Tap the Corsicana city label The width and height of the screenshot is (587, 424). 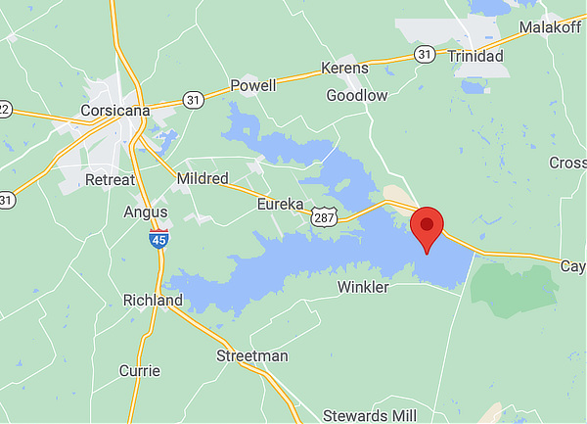tap(116, 111)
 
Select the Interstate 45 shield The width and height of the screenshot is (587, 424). tap(158, 239)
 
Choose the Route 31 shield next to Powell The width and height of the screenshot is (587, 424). tap(192, 99)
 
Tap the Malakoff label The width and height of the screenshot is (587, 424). tap(550, 26)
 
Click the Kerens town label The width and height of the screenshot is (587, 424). tap(345, 68)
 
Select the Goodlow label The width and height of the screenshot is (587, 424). tap(356, 95)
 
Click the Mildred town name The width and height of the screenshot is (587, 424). tap(203, 179)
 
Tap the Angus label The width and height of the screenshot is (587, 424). tap(146, 212)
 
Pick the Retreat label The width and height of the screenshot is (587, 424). tap(110, 180)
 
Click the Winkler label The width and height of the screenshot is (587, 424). tap(363, 288)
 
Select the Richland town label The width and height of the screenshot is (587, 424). tap(153, 300)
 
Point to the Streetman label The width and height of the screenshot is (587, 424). tap(252, 355)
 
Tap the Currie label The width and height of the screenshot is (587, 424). tap(139, 370)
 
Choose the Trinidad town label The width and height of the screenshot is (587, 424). tap(475, 57)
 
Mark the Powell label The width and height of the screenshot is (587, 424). tap(253, 85)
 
